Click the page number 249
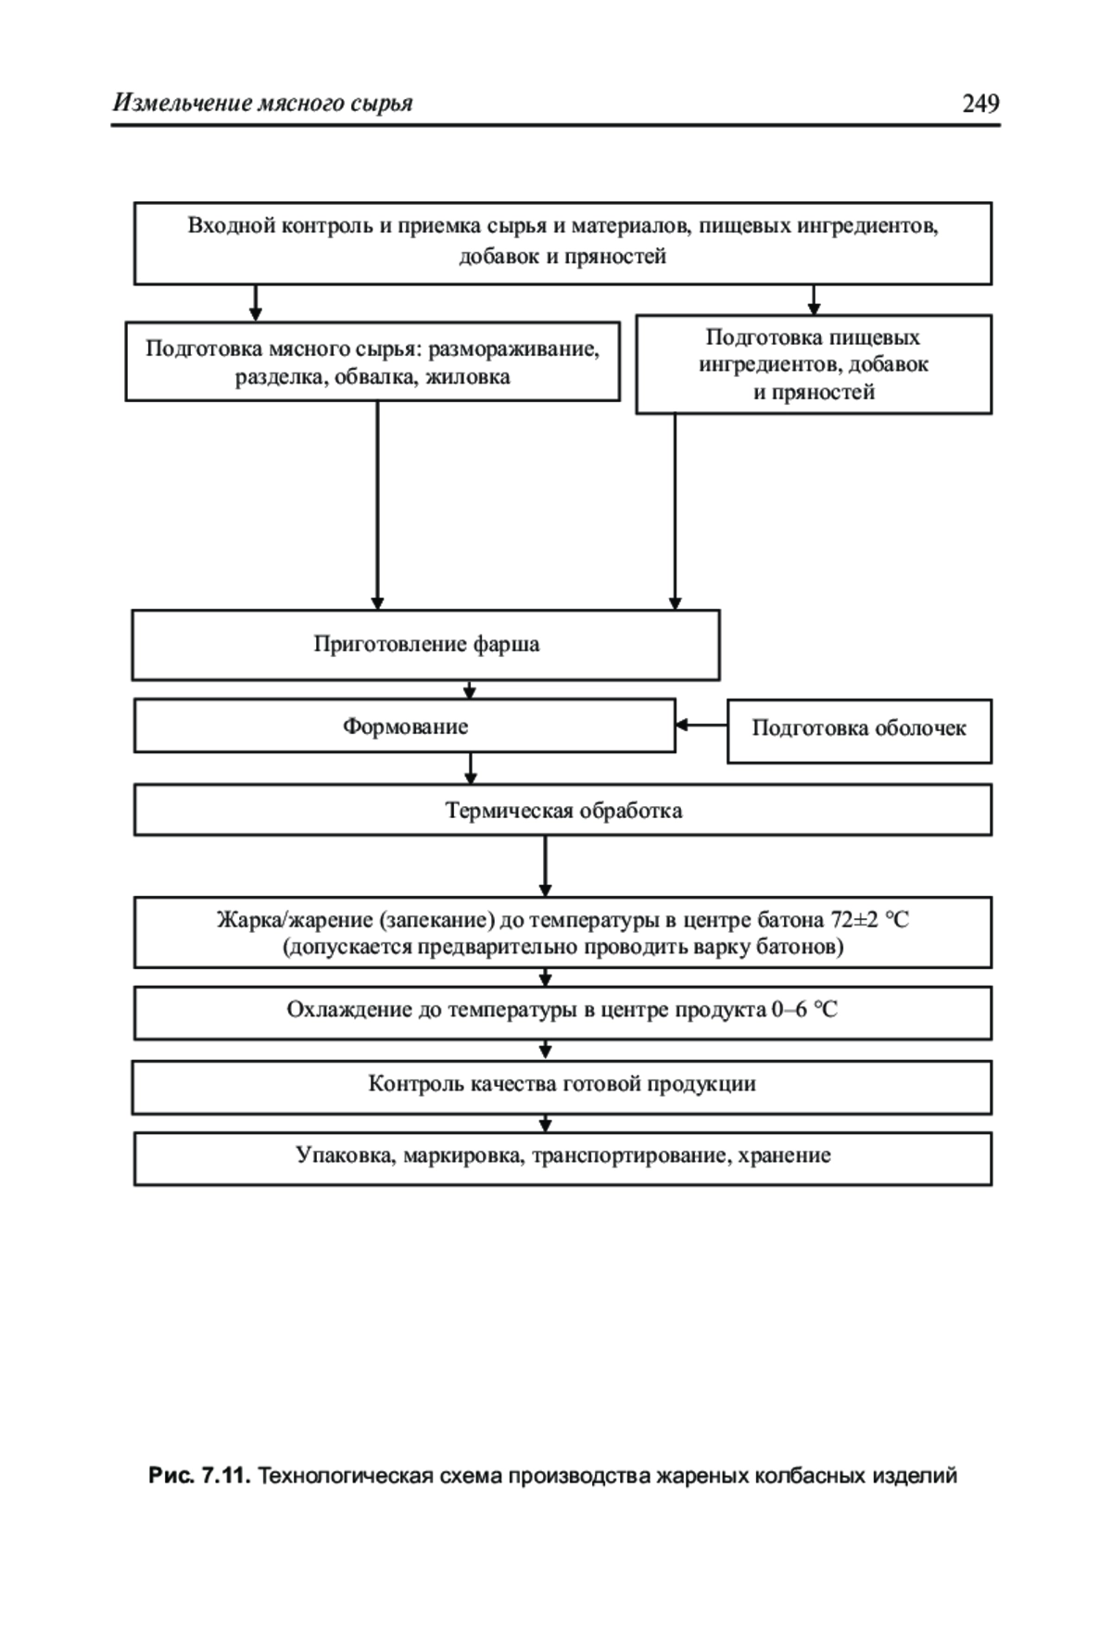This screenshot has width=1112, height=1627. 980,103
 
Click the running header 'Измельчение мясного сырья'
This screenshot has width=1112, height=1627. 262,103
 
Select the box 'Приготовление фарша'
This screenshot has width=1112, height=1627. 425,645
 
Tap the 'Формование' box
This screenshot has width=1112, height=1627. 405,726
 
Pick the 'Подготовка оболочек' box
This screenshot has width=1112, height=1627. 859,731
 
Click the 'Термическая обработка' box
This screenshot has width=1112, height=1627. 562,811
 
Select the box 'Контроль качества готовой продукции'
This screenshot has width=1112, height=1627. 562,1087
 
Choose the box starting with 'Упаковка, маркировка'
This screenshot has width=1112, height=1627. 562,1158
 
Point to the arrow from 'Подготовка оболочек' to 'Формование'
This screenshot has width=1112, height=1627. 701,725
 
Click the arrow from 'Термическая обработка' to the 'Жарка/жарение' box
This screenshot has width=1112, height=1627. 545,866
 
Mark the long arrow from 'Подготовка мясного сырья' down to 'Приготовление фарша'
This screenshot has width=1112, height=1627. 377,505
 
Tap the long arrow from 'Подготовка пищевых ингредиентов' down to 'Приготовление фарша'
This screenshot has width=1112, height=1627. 675,511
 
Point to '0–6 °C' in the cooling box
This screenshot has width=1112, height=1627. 803,1010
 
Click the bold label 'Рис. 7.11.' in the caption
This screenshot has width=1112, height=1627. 199,1475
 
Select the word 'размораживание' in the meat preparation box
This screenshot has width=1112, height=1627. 513,349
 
